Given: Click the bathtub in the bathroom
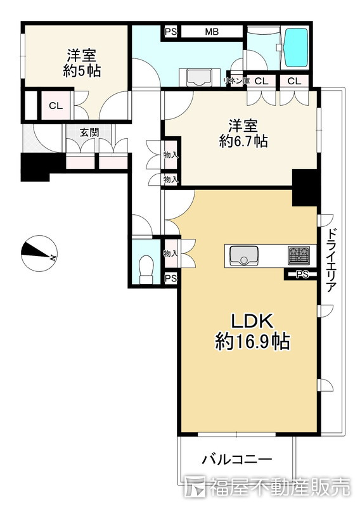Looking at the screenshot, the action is pos(295,48).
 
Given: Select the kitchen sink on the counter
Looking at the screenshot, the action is pos(243,255).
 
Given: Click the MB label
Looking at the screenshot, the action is pos(212,32).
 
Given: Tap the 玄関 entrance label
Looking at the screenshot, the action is pos(89,132).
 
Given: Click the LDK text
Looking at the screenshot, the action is pos(252,321).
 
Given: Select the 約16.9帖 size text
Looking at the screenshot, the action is pos(252,342).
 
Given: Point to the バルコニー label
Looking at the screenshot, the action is pos(237,459).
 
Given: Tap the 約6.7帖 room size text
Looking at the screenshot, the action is pos(243,141).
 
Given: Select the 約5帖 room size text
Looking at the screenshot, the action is pos(82,71).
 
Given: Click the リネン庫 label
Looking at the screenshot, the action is pos(237,81).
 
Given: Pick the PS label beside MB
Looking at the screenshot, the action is pos(171,32).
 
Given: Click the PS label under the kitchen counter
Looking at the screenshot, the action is pos(302,274).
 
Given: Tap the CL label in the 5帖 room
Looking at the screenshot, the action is pos(56,106).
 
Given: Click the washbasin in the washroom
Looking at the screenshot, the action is pos(199,77).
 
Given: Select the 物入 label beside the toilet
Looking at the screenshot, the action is pos(171,253).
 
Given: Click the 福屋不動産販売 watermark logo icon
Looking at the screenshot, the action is pos(195,486).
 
